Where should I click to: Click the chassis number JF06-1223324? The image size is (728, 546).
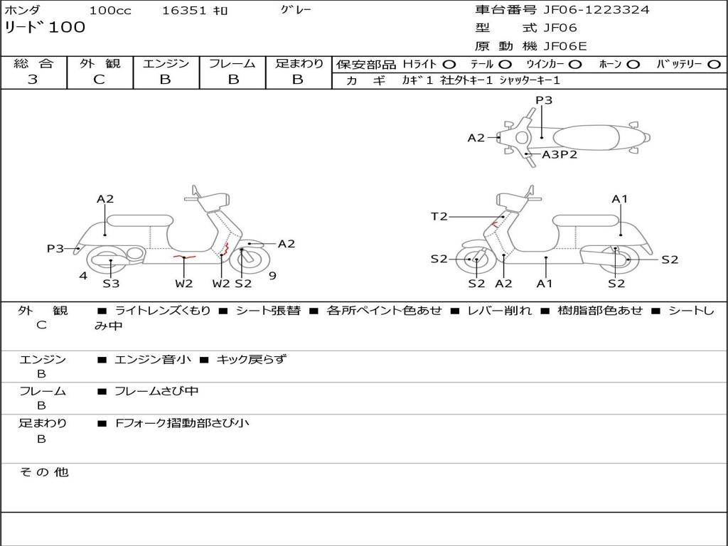pyautogui.click(x=596, y=10)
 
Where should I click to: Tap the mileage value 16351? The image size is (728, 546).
pyautogui.click(x=184, y=11)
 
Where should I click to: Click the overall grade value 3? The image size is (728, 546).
pyautogui.click(x=33, y=80)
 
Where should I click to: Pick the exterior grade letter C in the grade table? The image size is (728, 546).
pyautogui.click(x=99, y=80)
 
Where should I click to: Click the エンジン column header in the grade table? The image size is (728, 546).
pyautogui.click(x=166, y=64)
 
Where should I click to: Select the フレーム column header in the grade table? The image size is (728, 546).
pyautogui.click(x=232, y=64)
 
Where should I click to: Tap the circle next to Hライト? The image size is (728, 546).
pyautogui.click(x=449, y=65)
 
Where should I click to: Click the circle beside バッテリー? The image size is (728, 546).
pyautogui.click(x=714, y=65)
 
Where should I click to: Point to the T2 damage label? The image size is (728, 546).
pyautogui.click(x=439, y=217)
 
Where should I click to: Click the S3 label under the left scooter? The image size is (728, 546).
pyautogui.click(x=111, y=284)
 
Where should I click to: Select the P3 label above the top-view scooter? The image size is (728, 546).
pyautogui.click(x=544, y=100)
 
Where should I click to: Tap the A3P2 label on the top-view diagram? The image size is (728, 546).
pyautogui.click(x=560, y=154)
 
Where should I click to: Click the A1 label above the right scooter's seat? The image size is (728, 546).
pyautogui.click(x=620, y=199)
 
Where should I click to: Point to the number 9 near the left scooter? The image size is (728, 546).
pyautogui.click(x=272, y=276)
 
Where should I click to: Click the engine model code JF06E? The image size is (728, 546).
pyautogui.click(x=565, y=46)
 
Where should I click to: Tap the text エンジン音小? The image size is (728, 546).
pyautogui.click(x=153, y=360)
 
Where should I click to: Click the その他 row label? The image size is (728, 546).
pyautogui.click(x=43, y=472)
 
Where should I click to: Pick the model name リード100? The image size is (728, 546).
pyautogui.click(x=45, y=28)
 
